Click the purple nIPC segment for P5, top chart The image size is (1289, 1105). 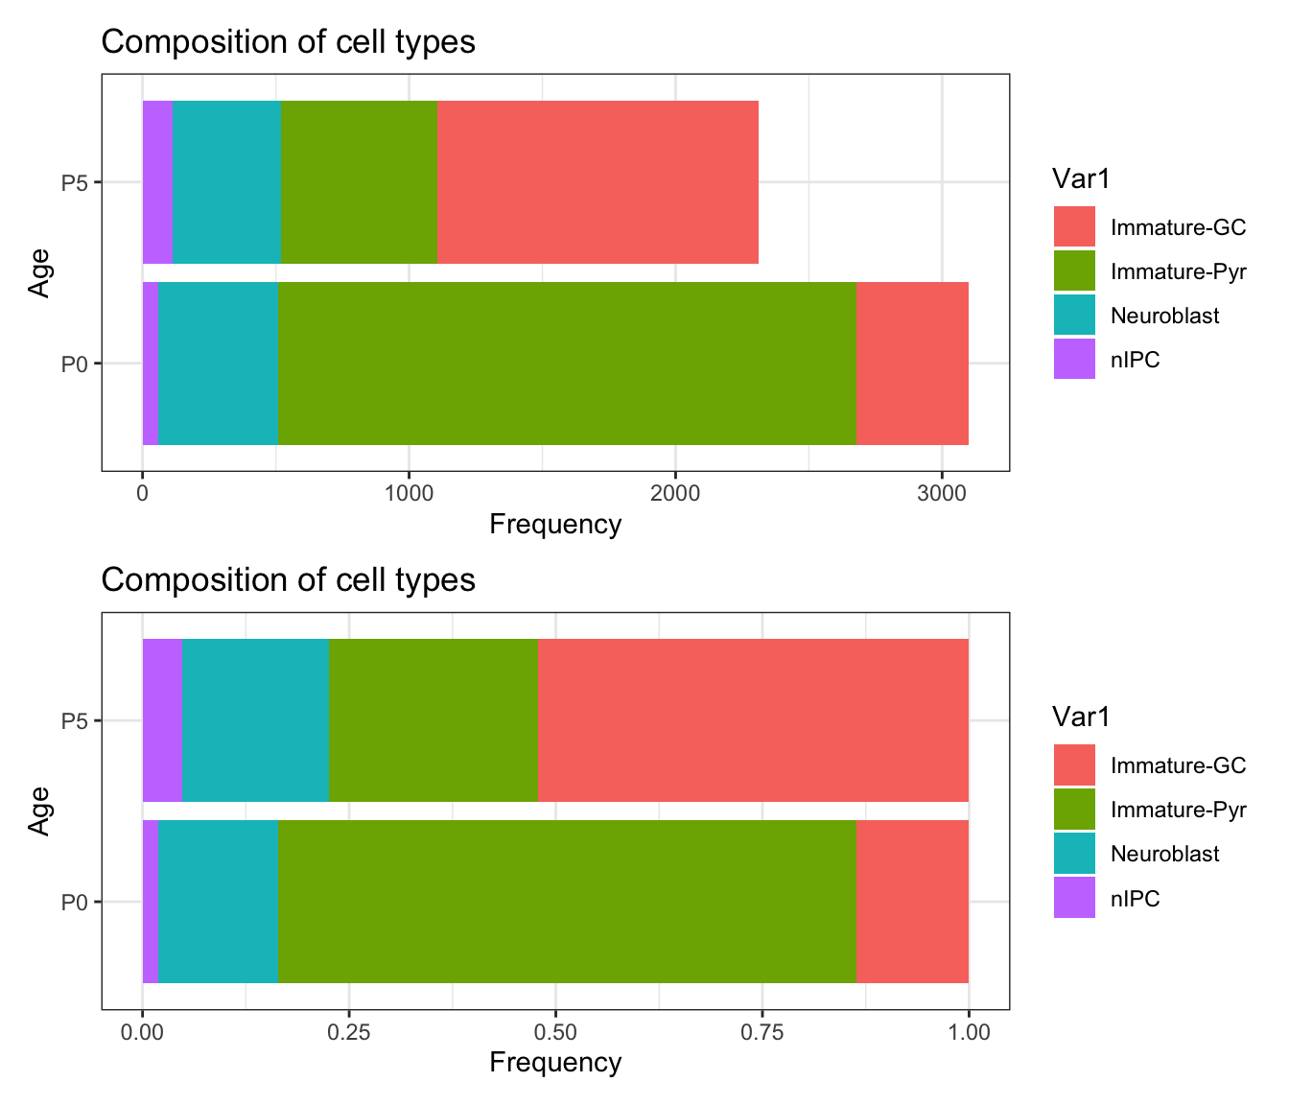[x=157, y=182]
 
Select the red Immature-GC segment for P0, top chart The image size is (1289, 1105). [x=912, y=364]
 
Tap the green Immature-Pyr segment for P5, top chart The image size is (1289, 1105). [x=359, y=182]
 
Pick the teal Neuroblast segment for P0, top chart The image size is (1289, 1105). [x=218, y=364]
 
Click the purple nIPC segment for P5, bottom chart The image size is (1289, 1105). [x=162, y=720]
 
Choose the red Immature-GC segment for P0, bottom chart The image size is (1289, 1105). [x=912, y=902]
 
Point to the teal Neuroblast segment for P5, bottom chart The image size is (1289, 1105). [x=255, y=720]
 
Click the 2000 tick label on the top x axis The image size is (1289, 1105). [x=675, y=493]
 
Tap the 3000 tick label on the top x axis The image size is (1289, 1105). [x=942, y=493]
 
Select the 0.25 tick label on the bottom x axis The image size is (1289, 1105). [x=349, y=1032]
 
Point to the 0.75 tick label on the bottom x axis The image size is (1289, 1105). [x=762, y=1032]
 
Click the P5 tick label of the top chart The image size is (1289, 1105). [x=75, y=182]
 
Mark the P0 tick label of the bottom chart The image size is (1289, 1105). [x=75, y=902]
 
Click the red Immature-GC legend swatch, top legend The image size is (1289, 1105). [x=1074, y=226]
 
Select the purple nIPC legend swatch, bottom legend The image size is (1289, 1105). [x=1074, y=898]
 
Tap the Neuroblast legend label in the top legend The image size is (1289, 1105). [x=1164, y=316]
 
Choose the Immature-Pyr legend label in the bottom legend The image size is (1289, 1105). [x=1178, y=810]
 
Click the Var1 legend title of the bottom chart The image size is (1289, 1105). [x=1081, y=717]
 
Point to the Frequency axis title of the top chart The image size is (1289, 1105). [x=555, y=524]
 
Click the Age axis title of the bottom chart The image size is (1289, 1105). [x=39, y=811]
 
